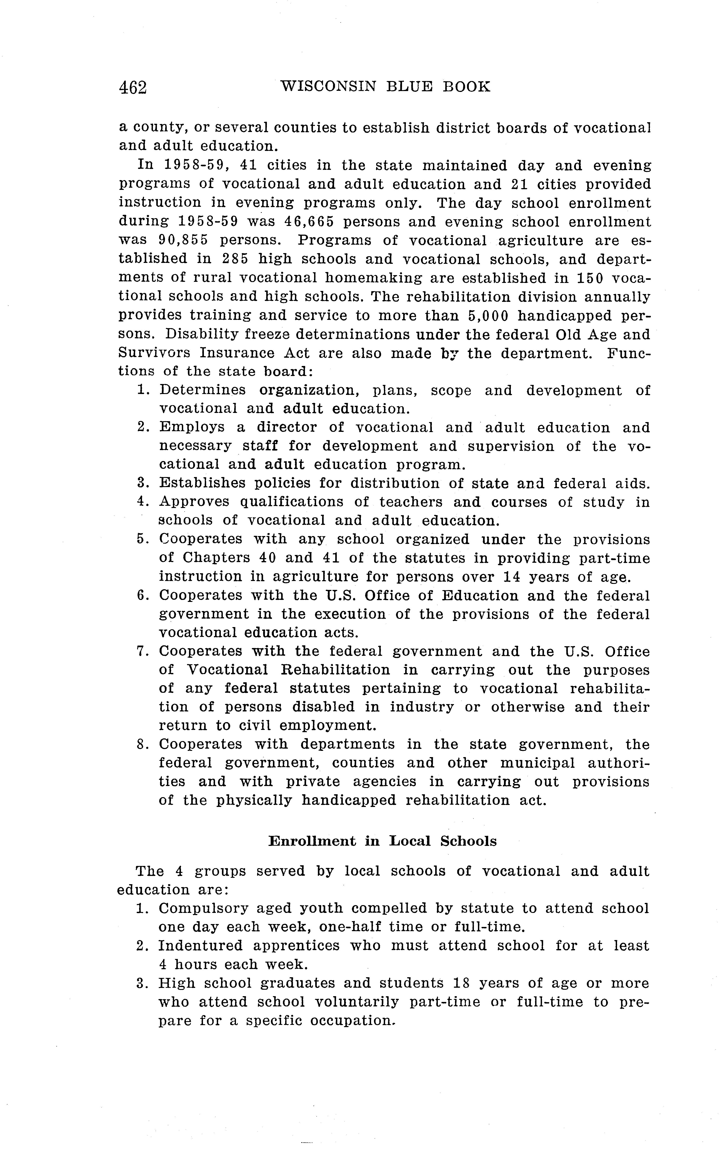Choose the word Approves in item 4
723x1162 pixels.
pos(194,502)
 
